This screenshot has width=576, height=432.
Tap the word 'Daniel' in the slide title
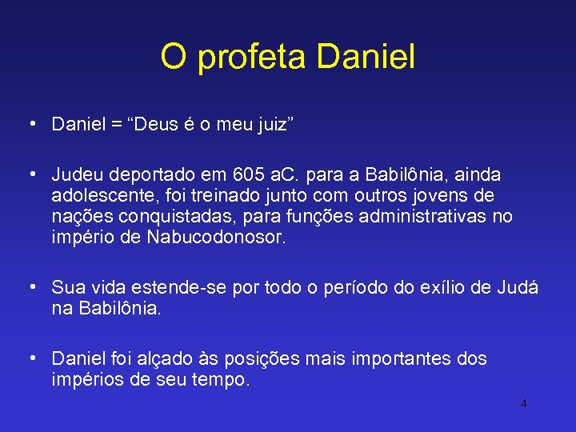(x=366, y=57)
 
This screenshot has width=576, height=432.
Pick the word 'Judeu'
(x=76, y=174)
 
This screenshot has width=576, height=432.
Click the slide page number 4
(x=523, y=403)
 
